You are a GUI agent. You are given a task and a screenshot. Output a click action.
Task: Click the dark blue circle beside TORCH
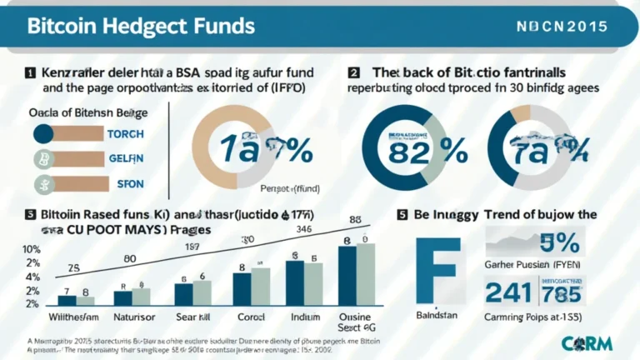pos(43,133)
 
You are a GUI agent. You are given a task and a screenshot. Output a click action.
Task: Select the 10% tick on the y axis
pos(30,249)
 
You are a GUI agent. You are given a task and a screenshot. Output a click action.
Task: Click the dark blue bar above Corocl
pos(241,288)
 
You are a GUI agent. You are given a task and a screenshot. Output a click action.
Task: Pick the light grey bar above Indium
pos(313,285)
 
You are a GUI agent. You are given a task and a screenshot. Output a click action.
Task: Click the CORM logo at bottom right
pos(594,342)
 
